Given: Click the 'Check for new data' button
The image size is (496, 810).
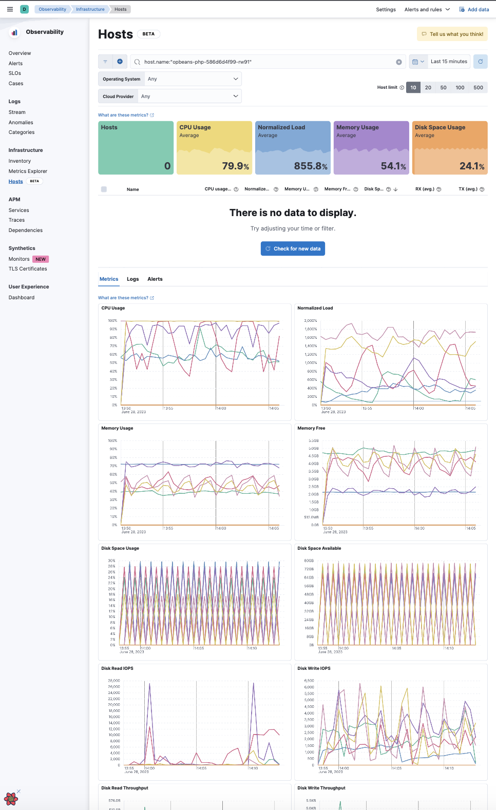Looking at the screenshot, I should coord(293,248).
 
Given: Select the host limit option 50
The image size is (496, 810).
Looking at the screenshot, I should coord(443,87).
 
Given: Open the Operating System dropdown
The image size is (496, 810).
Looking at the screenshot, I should coord(193,79).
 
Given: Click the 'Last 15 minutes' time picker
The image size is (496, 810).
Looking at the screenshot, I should coord(449,62).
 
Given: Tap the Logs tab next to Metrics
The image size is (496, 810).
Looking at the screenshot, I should coord(132,279).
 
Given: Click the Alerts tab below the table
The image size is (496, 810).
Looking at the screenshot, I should coord(155,279).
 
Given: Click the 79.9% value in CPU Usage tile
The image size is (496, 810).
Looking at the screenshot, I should coord(235,166).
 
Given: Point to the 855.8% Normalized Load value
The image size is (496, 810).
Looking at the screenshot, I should coord(311,166).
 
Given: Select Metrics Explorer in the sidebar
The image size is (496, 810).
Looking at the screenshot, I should coord(28,171).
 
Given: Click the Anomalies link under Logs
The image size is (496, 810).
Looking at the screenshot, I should coord(21,122).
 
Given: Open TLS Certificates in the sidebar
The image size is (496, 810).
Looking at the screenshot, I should coord(28,268).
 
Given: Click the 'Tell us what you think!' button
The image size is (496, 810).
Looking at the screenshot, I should coord(452,34).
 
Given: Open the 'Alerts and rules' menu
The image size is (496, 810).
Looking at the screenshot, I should coord(427,9).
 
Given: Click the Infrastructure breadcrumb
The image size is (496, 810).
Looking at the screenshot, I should coord(90,9).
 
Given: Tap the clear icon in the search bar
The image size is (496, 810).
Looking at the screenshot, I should coord(398,62).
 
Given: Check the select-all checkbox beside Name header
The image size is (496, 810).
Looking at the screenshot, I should coord(104,189).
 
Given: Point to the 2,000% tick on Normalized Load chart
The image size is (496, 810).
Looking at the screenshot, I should coord(311,321).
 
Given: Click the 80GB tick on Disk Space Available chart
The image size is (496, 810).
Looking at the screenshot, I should coord(309,561).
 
